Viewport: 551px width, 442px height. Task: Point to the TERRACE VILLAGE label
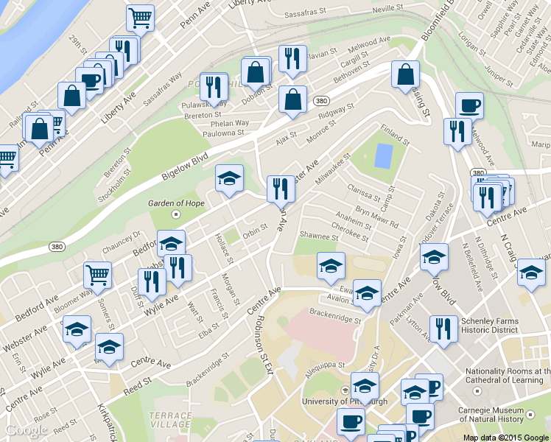[170, 420]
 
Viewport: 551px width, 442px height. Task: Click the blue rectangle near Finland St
[384, 155]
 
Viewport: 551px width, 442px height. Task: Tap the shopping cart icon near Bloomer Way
[96, 275]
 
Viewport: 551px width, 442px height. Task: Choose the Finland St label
[394, 134]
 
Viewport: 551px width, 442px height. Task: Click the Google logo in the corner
[27, 431]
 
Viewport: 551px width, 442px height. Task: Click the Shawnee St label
[317, 236]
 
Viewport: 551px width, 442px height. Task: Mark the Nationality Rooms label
[507, 376]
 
